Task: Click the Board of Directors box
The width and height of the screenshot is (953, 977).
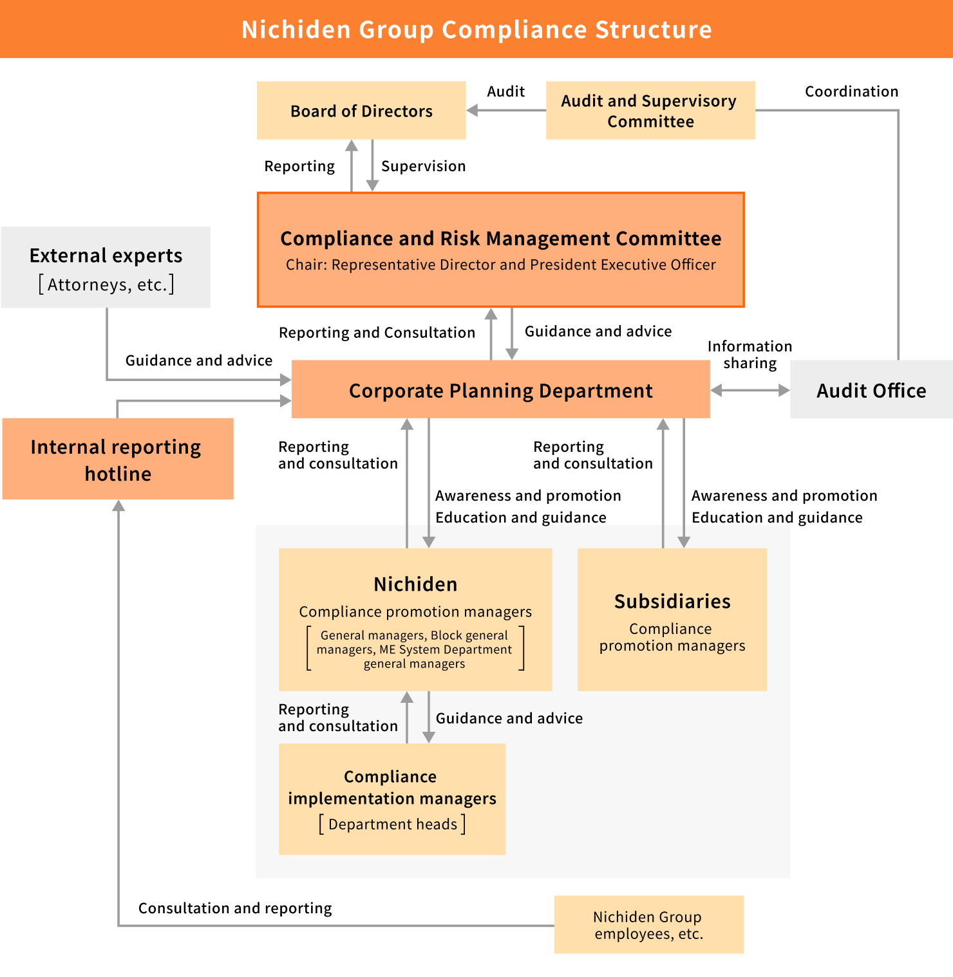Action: click(x=361, y=111)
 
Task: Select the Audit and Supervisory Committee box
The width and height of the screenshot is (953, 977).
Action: click(x=650, y=111)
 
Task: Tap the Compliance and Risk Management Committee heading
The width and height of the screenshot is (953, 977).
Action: click(x=500, y=238)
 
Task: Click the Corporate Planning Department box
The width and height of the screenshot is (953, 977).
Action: click(x=500, y=390)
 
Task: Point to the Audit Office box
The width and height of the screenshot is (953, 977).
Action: click(x=871, y=390)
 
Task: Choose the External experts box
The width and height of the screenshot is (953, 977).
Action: click(x=106, y=266)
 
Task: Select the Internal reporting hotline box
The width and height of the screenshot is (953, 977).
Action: click(x=117, y=460)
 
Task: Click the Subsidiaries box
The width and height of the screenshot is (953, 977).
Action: click(x=672, y=619)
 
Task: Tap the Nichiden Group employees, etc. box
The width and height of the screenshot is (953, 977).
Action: click(x=648, y=925)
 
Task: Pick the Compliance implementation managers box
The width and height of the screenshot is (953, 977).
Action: click(x=392, y=799)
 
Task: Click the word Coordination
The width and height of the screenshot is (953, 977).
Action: click(x=851, y=91)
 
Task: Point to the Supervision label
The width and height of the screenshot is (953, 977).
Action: click(x=423, y=166)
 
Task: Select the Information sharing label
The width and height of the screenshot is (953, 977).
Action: click(x=750, y=355)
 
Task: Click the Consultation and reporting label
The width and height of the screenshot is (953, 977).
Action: click(x=235, y=908)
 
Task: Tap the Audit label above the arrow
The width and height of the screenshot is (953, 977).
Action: click(x=505, y=91)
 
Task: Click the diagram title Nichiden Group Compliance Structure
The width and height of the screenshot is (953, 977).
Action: click(x=476, y=30)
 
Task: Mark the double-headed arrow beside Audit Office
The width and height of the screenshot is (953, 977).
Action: click(x=750, y=390)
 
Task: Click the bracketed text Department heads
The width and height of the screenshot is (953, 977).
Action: click(x=392, y=824)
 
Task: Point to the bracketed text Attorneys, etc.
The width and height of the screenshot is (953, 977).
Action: click(x=106, y=284)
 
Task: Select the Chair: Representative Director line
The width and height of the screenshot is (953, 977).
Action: click(x=500, y=265)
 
